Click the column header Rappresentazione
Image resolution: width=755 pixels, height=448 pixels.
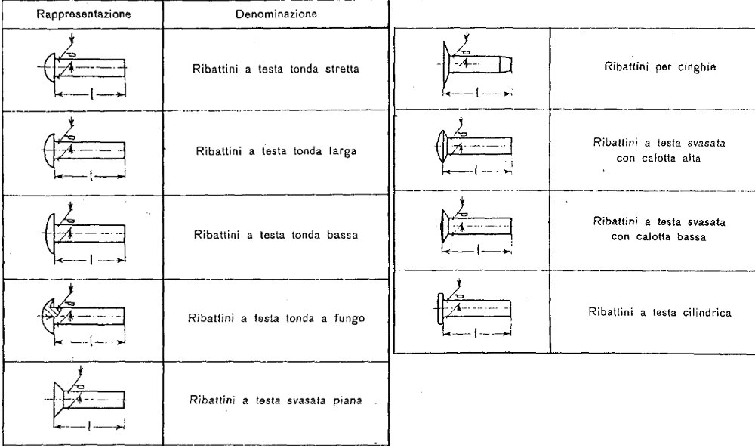pos(84,14)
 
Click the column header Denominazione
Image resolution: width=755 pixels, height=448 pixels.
pos(276,14)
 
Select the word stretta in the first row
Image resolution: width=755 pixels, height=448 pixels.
pos(342,69)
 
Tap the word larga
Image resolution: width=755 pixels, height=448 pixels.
pos(343,151)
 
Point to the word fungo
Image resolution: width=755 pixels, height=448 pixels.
pos(349,318)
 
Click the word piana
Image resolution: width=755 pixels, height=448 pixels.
pos(347,401)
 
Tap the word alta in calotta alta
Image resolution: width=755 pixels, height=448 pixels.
pos(692,158)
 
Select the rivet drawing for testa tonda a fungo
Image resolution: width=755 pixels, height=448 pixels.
pos(82,316)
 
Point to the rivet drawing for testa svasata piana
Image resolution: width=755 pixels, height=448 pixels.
pos(89,400)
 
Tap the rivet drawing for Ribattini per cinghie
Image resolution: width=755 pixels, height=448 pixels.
pos(476,65)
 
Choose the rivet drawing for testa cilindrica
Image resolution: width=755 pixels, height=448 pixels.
pos(474,308)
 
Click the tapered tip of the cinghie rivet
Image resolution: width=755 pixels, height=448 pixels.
pos(506,64)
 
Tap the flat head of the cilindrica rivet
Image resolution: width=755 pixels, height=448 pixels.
pos(439,308)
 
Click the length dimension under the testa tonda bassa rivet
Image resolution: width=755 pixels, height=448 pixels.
pos(90,260)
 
